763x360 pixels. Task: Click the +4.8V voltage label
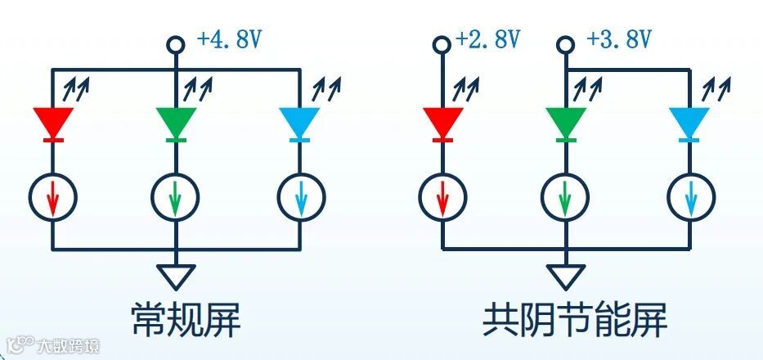tap(229, 39)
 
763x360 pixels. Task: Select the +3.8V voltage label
tap(619, 38)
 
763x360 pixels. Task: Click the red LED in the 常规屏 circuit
tap(53, 124)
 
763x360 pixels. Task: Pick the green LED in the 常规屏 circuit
tap(176, 124)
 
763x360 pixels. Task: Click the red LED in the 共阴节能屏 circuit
tap(443, 124)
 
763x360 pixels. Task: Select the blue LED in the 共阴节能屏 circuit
tap(689, 124)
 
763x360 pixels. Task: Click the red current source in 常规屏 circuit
tap(53, 197)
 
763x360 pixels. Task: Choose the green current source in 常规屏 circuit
tap(176, 197)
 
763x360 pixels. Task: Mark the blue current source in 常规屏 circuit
tap(300, 197)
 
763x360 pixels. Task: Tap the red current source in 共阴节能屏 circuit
tap(443, 197)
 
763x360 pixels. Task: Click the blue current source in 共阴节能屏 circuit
tap(689, 197)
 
